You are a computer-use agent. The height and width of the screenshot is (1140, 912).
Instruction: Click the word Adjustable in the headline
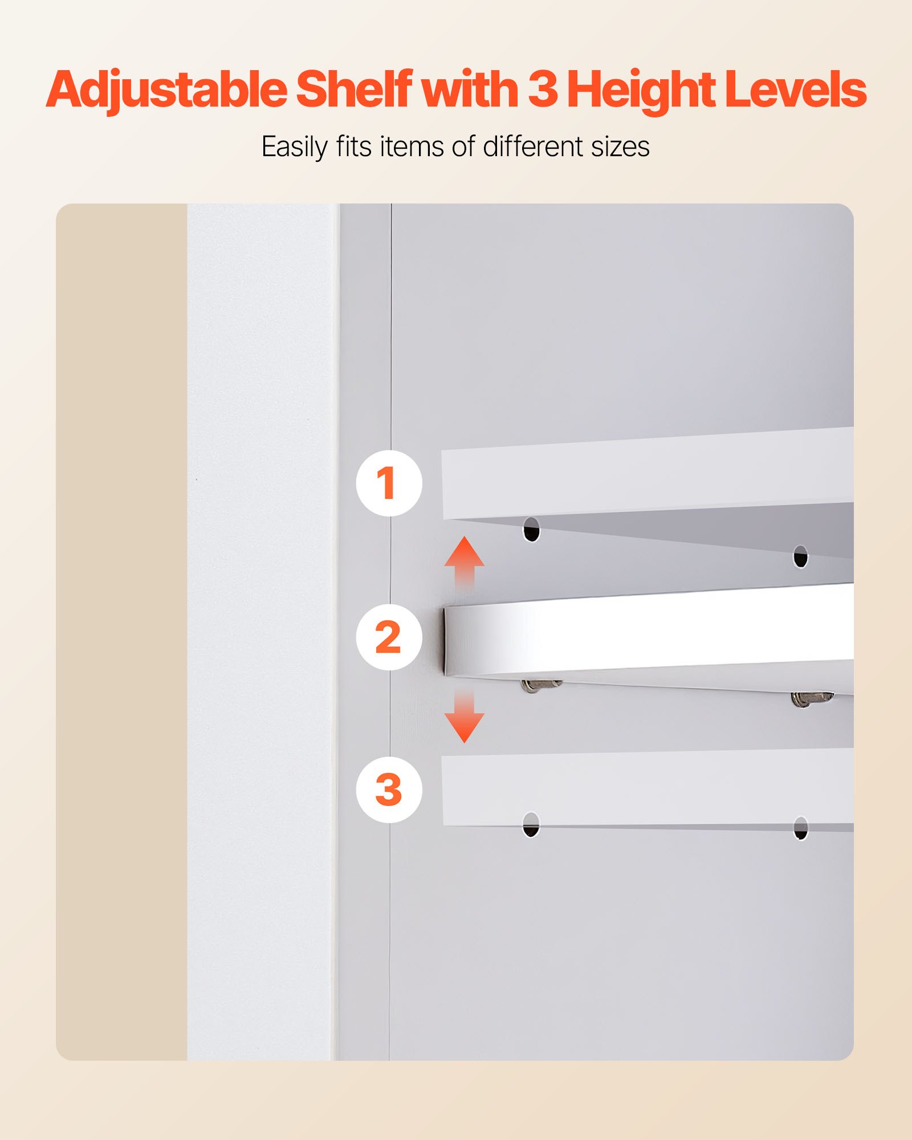(166, 90)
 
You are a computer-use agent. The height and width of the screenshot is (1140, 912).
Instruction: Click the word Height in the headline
(641, 90)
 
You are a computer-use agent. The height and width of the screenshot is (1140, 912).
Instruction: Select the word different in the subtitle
(534, 146)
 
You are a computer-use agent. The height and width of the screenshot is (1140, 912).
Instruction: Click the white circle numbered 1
(389, 483)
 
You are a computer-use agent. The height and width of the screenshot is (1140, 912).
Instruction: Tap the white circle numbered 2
(389, 637)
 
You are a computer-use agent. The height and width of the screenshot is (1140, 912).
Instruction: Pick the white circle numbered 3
(389, 789)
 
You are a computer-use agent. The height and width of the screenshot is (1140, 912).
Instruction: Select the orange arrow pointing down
(465, 718)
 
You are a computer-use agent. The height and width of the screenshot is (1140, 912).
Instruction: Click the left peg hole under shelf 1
(531, 530)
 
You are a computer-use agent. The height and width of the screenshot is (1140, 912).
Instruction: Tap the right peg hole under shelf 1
(800, 557)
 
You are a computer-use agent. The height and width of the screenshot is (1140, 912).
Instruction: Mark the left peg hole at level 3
(531, 824)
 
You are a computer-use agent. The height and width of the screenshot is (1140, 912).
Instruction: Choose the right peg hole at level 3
(800, 828)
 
